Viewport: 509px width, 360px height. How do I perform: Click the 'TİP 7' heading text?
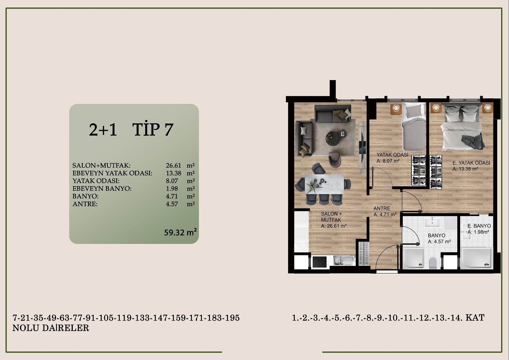[x=153, y=129]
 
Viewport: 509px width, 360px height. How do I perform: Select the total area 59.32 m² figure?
[x=180, y=232]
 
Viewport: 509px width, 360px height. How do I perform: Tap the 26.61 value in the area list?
[x=173, y=165]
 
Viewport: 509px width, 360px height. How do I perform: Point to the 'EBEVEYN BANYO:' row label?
[x=102, y=188]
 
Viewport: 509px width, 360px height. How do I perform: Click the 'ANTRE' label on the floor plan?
[x=382, y=208]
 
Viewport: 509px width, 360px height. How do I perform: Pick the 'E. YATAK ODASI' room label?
[x=471, y=163]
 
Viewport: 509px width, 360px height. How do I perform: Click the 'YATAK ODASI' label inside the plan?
[x=392, y=155]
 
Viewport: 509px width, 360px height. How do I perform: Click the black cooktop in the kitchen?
[x=319, y=262]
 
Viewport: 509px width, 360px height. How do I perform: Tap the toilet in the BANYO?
[x=433, y=263]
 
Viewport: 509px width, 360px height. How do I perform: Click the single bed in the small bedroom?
[x=414, y=127]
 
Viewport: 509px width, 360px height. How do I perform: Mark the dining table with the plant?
[x=324, y=184]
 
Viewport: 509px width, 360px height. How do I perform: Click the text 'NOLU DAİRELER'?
[x=51, y=328]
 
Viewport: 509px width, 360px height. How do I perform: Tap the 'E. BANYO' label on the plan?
[x=479, y=226]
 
